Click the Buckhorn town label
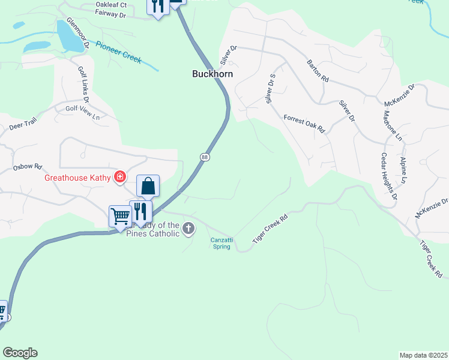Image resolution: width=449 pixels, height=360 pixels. point(212,74)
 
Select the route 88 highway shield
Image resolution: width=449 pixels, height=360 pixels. point(205,157)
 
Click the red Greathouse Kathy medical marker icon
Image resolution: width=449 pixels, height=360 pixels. point(120,176)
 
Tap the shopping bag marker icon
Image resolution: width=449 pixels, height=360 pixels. point(148,187)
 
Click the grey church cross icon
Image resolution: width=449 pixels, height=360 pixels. point(188,228)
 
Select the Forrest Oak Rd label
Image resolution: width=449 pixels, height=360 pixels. point(304,123)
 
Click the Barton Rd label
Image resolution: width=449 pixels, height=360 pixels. point(318,70)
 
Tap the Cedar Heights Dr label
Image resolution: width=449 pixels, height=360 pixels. point(388,176)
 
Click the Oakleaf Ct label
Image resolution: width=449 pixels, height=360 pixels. point(111,4)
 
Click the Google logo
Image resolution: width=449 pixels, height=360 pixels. point(20,353)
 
